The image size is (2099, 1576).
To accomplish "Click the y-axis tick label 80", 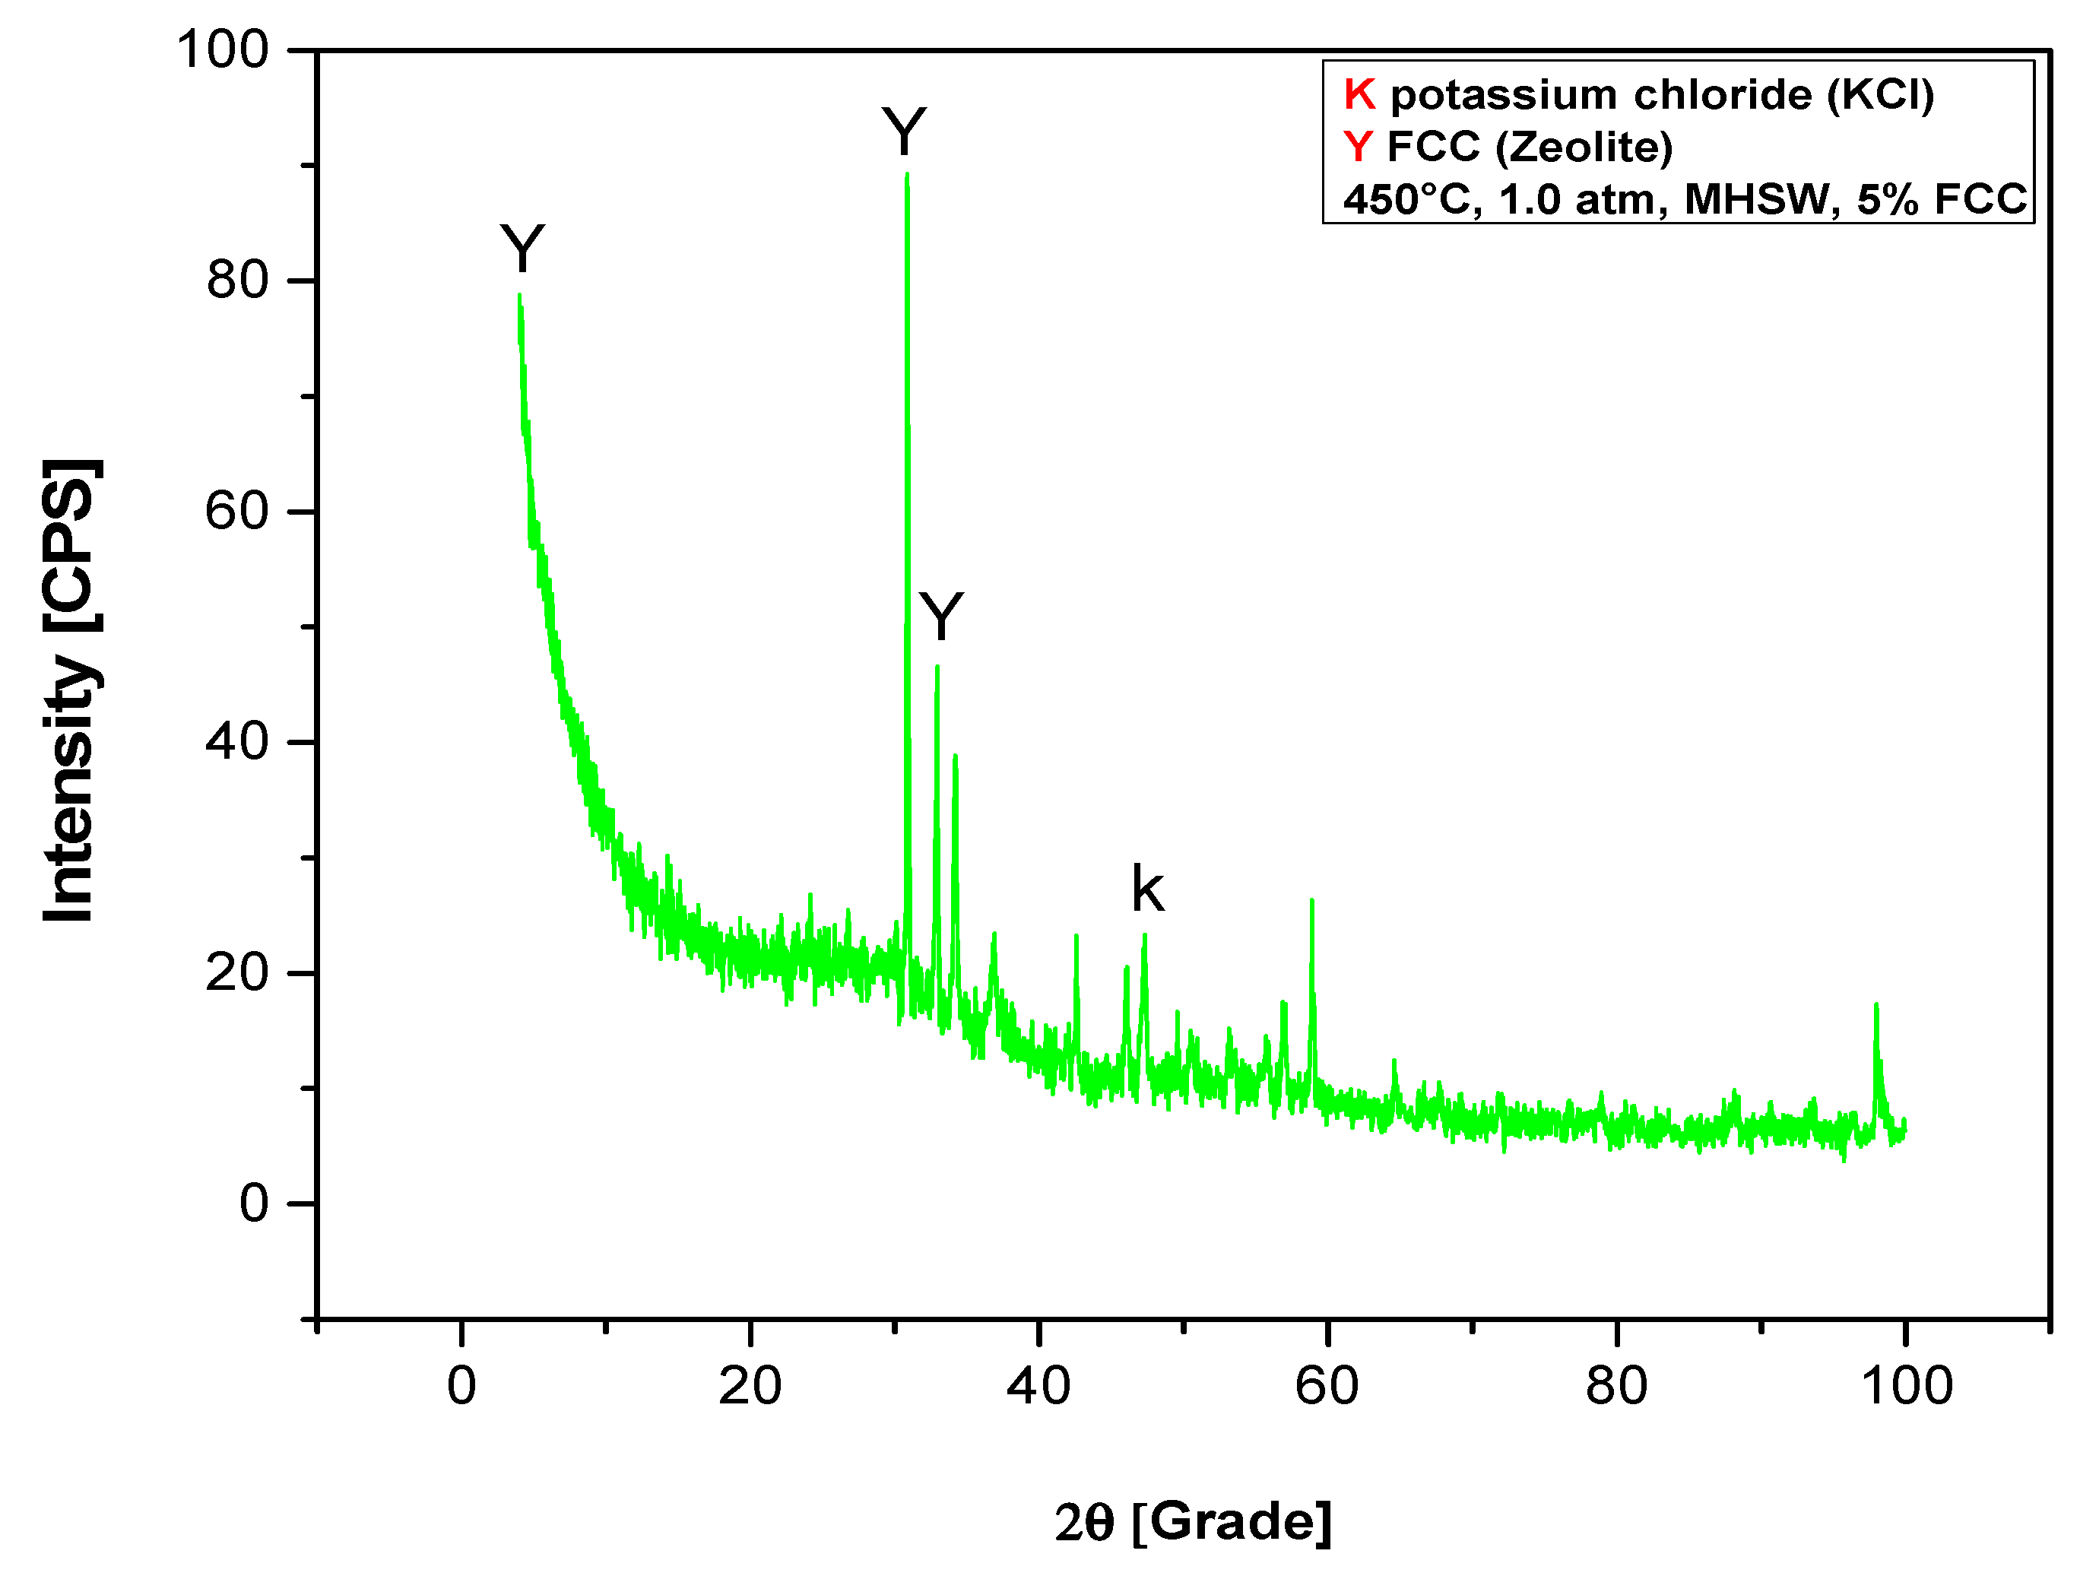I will point(237,281).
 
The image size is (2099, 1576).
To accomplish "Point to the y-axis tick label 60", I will point(237,512).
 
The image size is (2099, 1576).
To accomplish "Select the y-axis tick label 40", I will point(237,742).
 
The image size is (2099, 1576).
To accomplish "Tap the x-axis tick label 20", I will point(750,1386).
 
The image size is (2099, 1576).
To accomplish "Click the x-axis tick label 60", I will point(1327,1386).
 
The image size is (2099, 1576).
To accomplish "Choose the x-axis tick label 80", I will point(1616,1386).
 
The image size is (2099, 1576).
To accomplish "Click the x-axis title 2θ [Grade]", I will point(1193,1522).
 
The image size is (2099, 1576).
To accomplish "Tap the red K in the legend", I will point(1359,95).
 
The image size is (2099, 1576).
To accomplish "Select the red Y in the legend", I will point(1358,147).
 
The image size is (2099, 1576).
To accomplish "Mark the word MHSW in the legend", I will point(1758,200).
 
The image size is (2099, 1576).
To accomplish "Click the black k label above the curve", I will point(1147,890).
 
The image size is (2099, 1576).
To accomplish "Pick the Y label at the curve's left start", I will point(522,249).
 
